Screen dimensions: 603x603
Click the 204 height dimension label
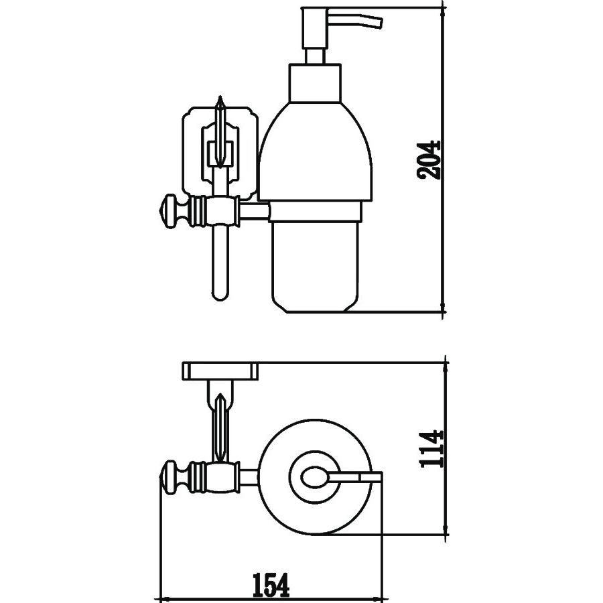click(x=428, y=159)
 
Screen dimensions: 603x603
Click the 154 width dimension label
click(x=271, y=586)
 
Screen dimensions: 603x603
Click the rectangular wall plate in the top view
click(x=220, y=369)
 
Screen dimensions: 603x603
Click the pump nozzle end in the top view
click(x=377, y=477)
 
